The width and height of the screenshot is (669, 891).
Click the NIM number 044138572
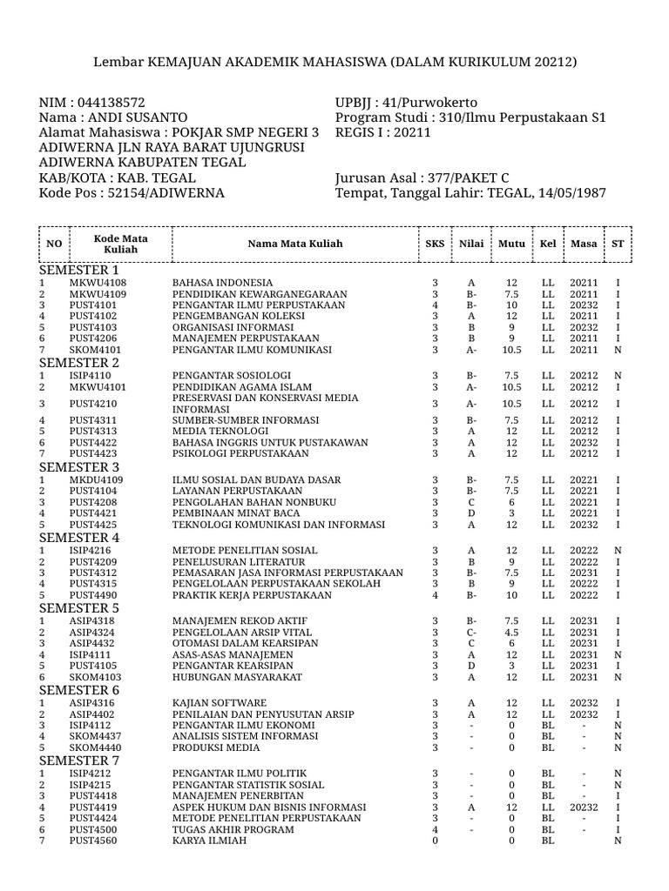tap(112, 103)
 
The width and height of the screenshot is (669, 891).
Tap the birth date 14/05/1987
tap(570, 192)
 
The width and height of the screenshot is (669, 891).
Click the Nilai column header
tap(471, 244)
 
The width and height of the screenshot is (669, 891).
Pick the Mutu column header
tap(512, 244)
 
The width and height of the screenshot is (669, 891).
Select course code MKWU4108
tap(98, 284)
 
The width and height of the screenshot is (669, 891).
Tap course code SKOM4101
tap(98, 350)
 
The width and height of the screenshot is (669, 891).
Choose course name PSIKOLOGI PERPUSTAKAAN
tap(240, 453)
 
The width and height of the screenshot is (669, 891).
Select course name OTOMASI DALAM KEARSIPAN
tap(246, 643)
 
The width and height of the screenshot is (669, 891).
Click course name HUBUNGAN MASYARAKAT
tap(237, 676)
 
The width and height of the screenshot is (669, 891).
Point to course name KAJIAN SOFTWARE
tap(220, 703)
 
